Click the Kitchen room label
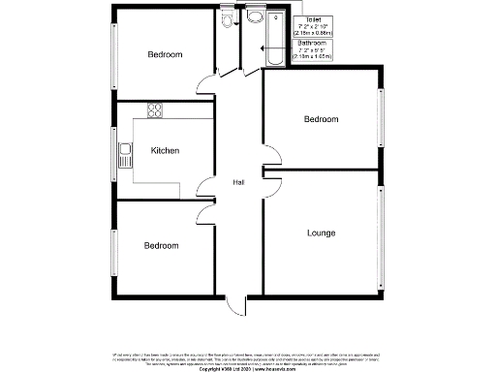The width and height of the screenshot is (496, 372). pyautogui.click(x=164, y=151)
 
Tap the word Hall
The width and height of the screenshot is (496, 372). pyautogui.click(x=237, y=182)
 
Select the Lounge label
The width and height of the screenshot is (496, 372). pyautogui.click(x=321, y=233)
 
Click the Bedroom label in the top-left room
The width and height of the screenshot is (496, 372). pyautogui.click(x=165, y=54)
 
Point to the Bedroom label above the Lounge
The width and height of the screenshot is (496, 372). pyautogui.click(x=321, y=120)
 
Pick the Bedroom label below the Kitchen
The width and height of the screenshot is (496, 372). pyautogui.click(x=162, y=246)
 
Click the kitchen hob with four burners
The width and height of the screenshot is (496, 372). pyautogui.click(x=154, y=108)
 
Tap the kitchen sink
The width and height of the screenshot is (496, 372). pyautogui.click(x=125, y=151)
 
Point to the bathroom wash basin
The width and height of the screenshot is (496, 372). pyautogui.click(x=256, y=16)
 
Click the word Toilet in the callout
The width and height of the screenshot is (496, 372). pyautogui.click(x=313, y=19)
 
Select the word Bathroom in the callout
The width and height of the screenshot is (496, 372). pyautogui.click(x=312, y=44)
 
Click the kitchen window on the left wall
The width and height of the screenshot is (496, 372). pyautogui.click(x=111, y=151)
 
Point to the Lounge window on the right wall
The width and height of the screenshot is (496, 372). pyautogui.click(x=381, y=232)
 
